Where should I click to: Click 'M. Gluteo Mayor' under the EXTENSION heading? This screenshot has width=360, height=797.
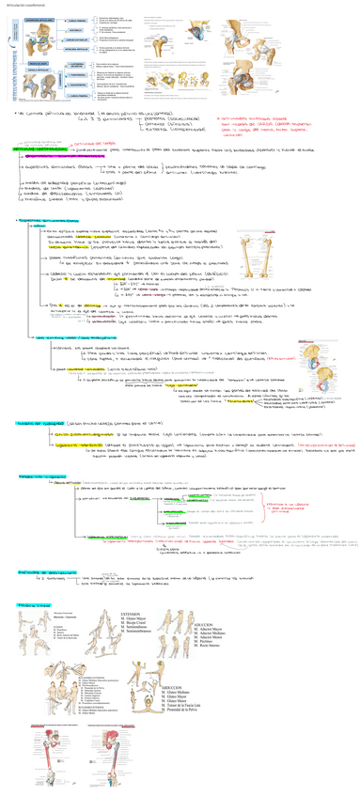[134, 617]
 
